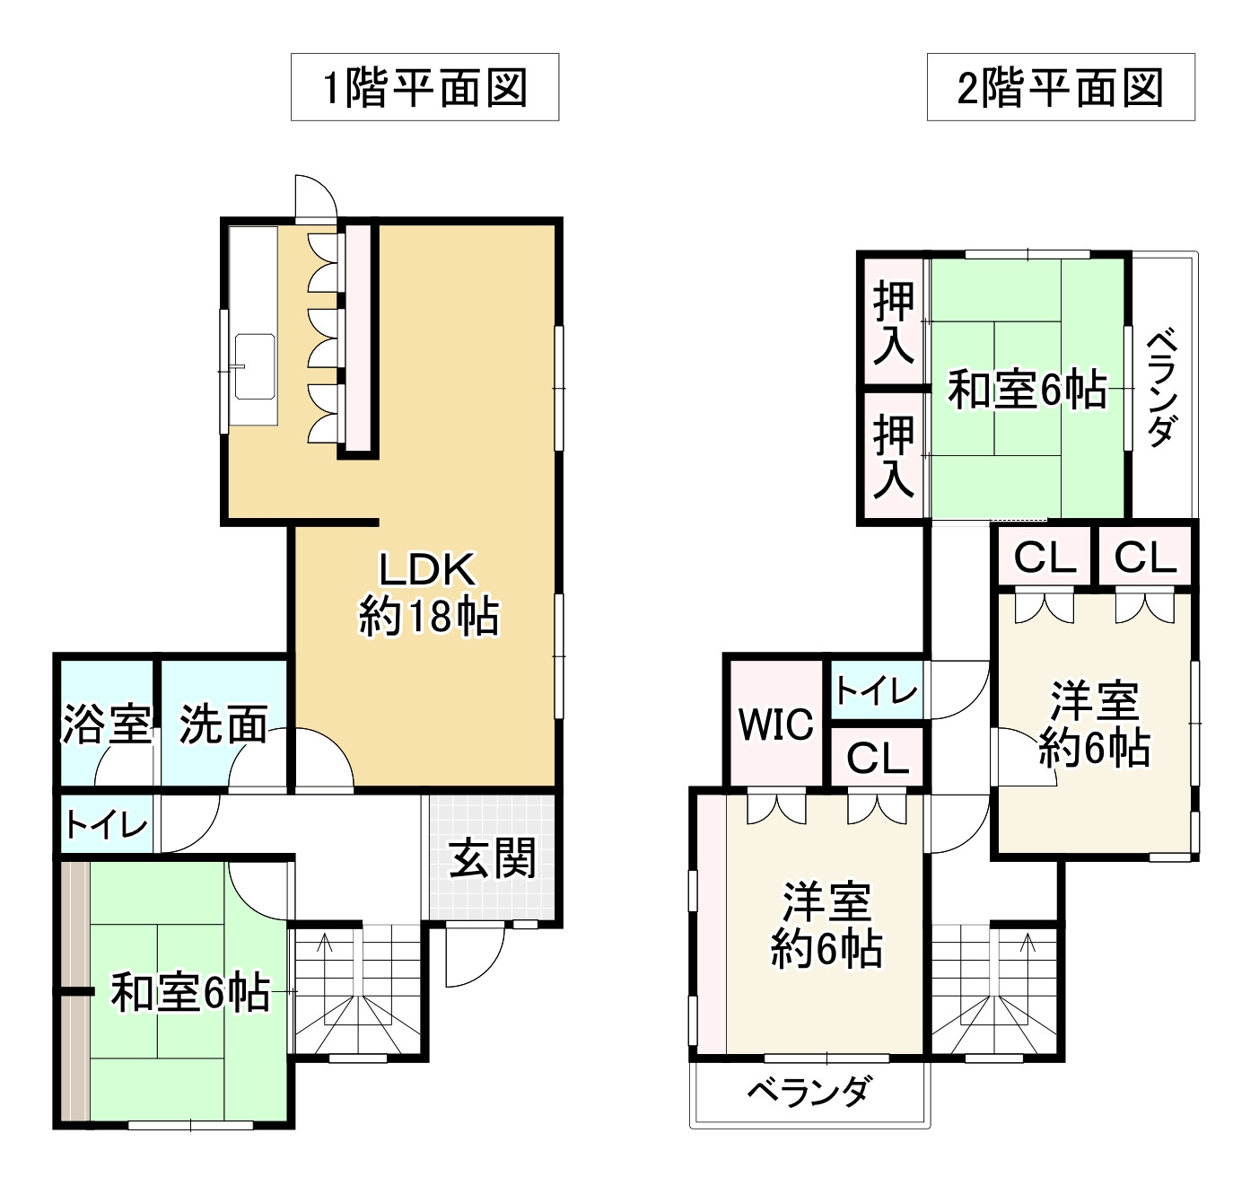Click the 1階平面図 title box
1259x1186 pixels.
pos(424,87)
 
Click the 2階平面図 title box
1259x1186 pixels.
pos(1060,87)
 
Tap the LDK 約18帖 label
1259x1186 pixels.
pos(428,593)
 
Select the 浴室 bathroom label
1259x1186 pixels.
pos(106,724)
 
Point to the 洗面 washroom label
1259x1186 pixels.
pos(223,724)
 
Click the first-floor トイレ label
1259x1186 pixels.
pos(106,824)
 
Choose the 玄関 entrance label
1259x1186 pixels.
pos(492,858)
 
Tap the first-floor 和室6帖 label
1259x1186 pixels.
pos(189,993)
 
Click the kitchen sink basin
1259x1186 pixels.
pos(255,366)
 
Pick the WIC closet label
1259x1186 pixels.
pos(775,724)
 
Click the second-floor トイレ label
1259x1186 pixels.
pos(876,690)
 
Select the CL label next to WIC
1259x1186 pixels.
pos(877,760)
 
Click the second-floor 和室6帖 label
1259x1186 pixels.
pos(1027,391)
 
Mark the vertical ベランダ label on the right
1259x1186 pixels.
pos(1161,388)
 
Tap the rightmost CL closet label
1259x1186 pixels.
pos(1145,558)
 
